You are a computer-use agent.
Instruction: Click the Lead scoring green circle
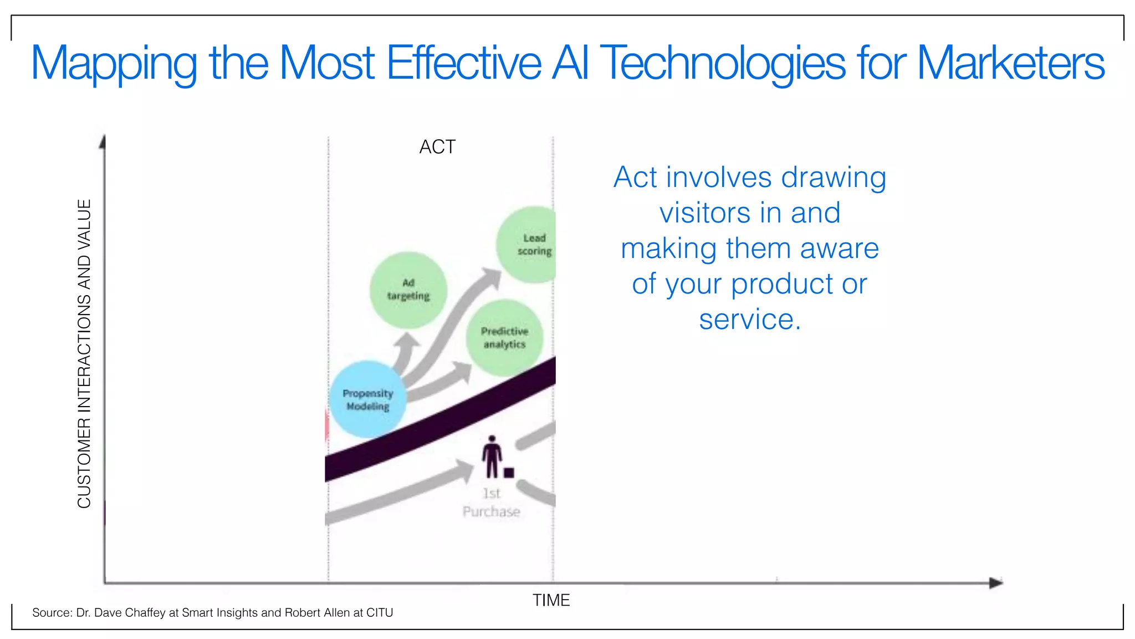click(x=526, y=245)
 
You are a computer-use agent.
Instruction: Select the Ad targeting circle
click(x=408, y=290)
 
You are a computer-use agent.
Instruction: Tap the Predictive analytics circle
click(x=504, y=337)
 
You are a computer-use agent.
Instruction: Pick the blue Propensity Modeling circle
click(x=368, y=399)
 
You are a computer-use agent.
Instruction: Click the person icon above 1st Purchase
click(x=492, y=457)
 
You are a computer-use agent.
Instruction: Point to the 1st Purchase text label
click(x=492, y=503)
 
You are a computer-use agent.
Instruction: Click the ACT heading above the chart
click(x=437, y=147)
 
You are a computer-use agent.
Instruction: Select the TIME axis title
click(x=551, y=600)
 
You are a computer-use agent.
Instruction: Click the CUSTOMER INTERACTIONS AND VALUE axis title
click(x=84, y=353)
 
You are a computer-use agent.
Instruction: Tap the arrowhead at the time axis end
click(x=996, y=583)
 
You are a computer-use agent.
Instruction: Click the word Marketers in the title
click(x=1010, y=63)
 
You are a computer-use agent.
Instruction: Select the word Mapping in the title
click(x=114, y=63)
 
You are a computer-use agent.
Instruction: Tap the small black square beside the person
click(x=509, y=473)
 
